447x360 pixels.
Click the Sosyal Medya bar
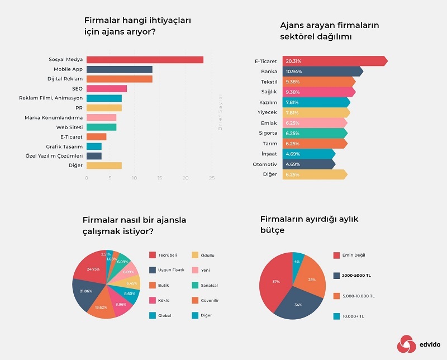(x=145, y=60)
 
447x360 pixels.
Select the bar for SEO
(x=107, y=88)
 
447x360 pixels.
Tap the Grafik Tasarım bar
(x=94, y=146)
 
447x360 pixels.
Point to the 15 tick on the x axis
(x=159, y=178)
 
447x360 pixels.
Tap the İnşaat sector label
(x=269, y=153)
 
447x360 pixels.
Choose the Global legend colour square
(x=152, y=315)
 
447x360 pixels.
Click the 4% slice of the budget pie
(x=298, y=261)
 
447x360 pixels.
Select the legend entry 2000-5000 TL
(x=356, y=276)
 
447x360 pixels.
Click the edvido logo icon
(x=405, y=344)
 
